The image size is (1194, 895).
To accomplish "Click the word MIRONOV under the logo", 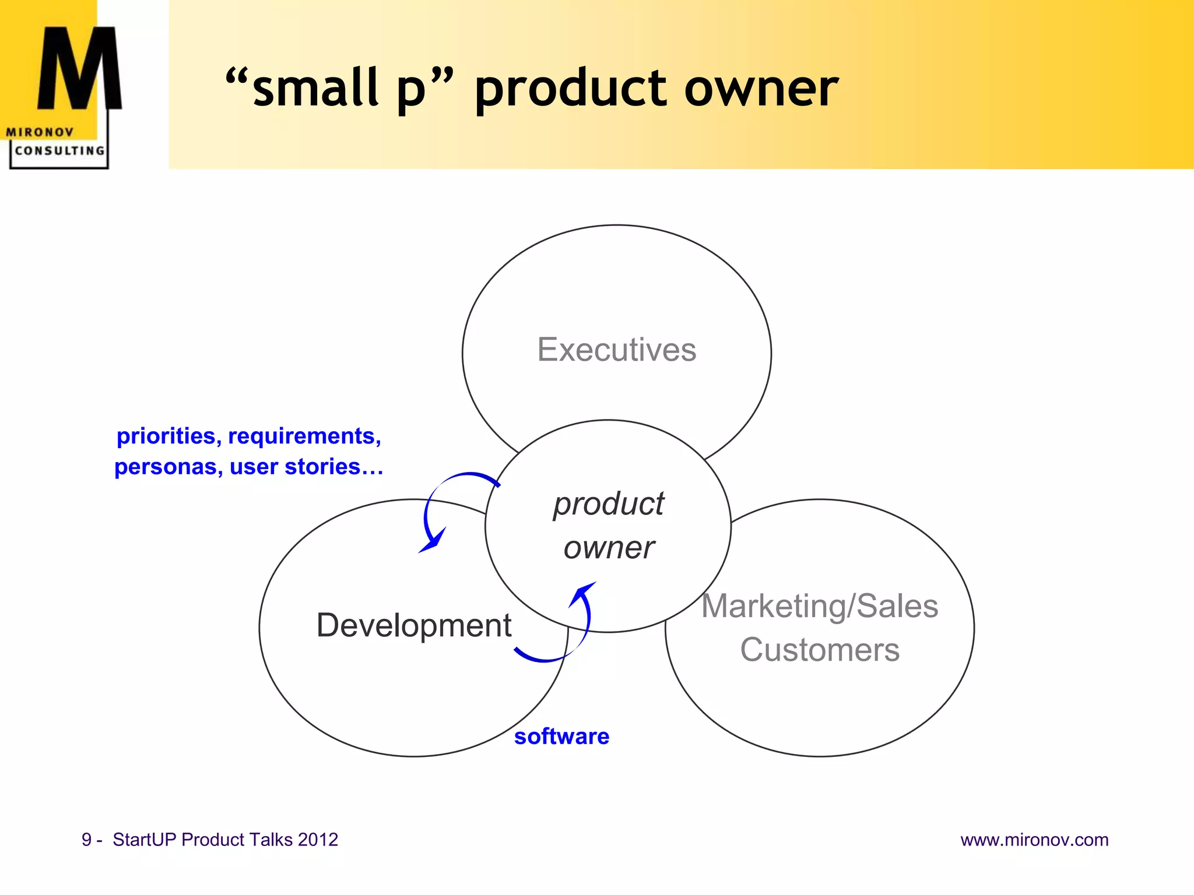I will (40, 132).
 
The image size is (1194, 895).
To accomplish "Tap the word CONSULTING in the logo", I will (59, 150).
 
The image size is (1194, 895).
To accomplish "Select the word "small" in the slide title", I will (315, 87).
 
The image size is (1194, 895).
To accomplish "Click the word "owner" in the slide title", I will (761, 89).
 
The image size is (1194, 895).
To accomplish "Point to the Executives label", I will (616, 350).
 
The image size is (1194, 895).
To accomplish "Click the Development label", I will (413, 625).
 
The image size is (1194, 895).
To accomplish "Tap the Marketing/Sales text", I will (819, 606).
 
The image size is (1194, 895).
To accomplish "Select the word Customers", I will (819, 650).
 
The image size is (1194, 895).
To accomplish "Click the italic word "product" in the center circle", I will (608, 504).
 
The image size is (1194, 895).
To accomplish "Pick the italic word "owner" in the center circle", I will (608, 548).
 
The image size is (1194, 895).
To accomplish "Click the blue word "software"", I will (561, 737).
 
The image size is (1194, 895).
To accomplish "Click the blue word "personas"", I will (165, 467).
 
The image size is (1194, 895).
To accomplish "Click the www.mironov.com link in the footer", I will (1034, 840).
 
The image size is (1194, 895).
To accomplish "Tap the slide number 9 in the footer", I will (87, 840).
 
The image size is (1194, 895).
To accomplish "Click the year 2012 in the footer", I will (318, 840).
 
